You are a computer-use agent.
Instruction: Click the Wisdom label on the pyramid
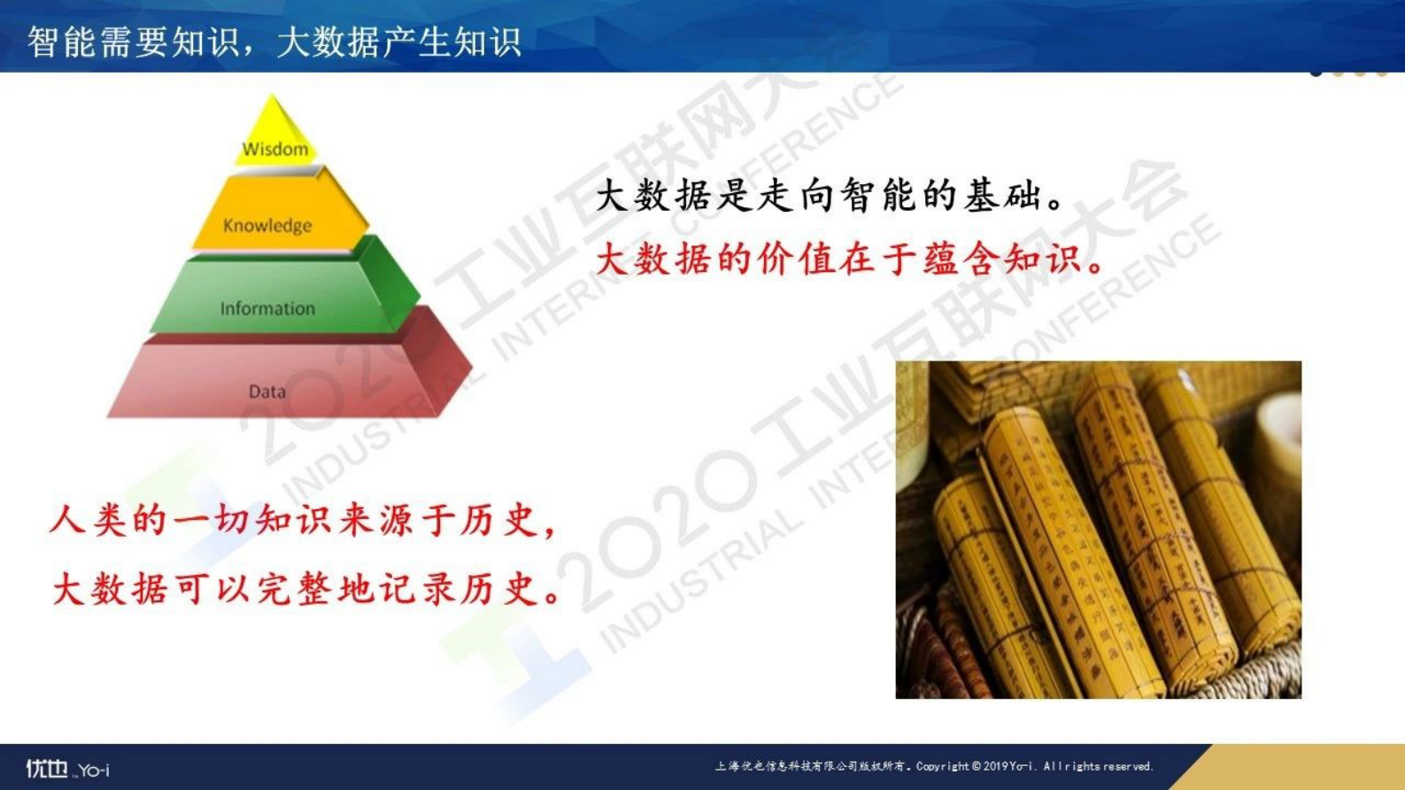275,149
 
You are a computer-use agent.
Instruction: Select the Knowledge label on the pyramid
267,225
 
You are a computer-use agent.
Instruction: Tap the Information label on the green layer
267,308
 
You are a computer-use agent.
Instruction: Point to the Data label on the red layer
266,391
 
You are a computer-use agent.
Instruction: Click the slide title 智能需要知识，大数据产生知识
274,41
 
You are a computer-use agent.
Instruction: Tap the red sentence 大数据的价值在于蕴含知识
849,259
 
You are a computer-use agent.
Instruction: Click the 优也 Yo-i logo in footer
67,769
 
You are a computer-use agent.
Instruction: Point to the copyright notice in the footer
933,766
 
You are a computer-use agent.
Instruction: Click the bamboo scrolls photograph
1098,530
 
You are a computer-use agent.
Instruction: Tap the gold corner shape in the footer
1301,768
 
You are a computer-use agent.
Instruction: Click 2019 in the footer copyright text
995,766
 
